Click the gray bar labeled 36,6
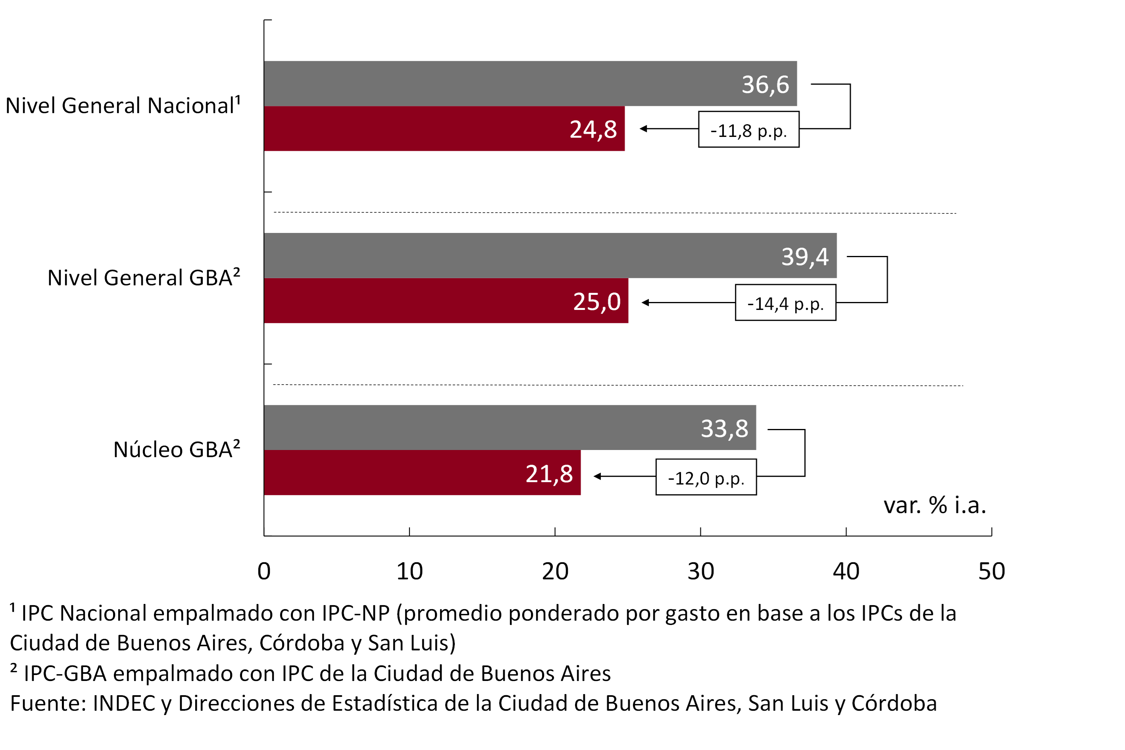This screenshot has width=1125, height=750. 530,84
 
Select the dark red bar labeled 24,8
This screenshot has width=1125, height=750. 444,129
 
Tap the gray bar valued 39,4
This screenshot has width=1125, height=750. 550,256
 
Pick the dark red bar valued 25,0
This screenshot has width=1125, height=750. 446,300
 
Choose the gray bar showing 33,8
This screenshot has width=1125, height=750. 510,428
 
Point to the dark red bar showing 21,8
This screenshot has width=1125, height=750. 422,473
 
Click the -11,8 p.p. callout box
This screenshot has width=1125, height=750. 748,130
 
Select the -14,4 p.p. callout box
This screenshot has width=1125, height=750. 785,303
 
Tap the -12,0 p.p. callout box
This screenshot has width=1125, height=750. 706,477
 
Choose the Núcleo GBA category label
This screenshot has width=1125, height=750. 177,449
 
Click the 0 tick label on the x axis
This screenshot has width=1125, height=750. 264,571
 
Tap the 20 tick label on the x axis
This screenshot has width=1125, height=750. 555,571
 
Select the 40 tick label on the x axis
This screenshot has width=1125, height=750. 846,571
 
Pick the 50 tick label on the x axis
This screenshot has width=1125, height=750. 992,571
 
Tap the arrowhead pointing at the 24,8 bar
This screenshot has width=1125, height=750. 644,129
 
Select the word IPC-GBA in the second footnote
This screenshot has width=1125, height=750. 65,673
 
